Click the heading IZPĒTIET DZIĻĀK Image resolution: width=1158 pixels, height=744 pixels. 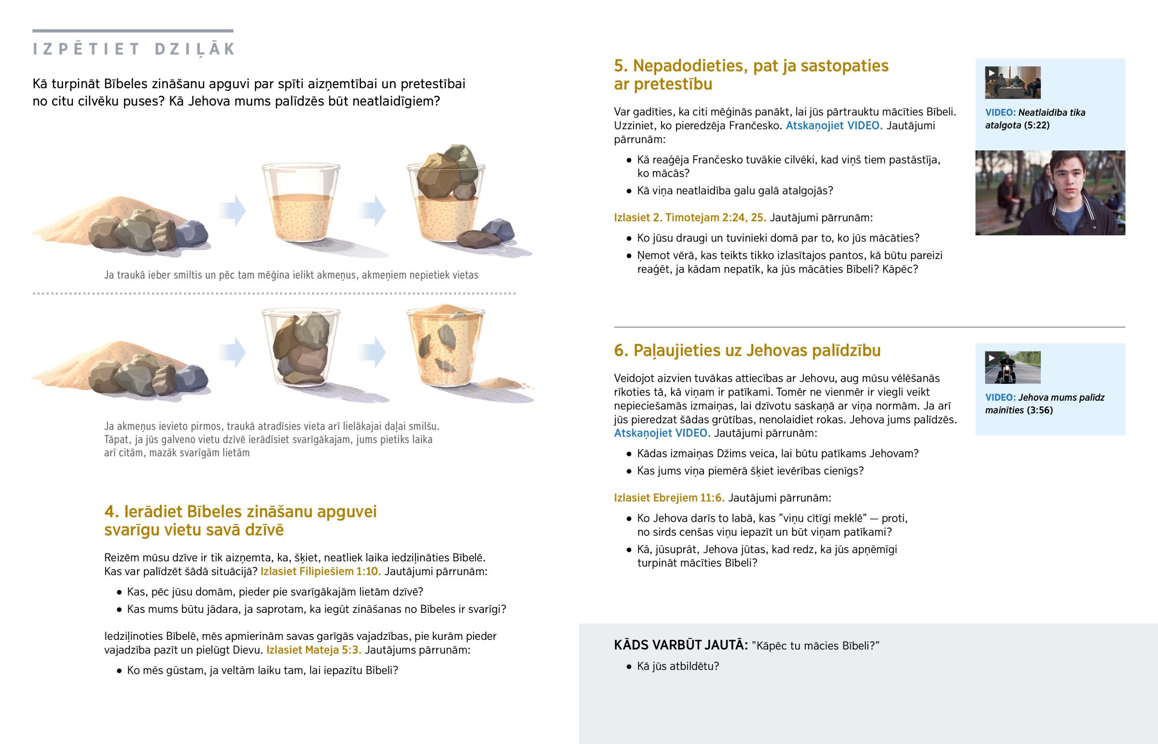coord(134,49)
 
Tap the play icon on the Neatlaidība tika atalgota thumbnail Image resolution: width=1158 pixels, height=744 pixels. coord(992,73)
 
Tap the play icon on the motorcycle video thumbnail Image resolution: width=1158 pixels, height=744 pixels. coord(992,358)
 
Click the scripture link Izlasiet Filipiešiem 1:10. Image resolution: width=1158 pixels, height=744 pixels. coord(320,571)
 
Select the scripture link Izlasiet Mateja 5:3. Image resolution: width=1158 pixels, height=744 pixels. coord(314,650)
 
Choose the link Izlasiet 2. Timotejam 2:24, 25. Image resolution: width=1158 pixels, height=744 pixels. coord(689,217)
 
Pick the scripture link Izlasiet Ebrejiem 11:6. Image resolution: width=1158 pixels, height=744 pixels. coord(669,498)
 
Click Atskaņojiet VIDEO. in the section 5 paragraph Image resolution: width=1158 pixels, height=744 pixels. coord(834,126)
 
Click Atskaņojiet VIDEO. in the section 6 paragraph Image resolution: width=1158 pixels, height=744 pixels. coord(662,433)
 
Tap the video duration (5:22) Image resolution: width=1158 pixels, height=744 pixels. coord(1037,125)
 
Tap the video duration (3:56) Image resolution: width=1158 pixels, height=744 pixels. coord(1040,410)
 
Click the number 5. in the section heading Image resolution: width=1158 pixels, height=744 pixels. coord(620,66)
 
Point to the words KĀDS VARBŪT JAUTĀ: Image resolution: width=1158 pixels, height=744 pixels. coord(680,645)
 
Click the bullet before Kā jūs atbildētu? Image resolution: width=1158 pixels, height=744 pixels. coord(629,667)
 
